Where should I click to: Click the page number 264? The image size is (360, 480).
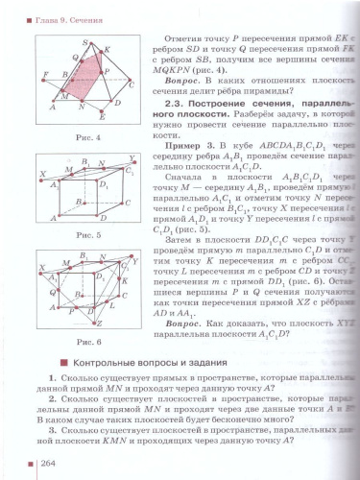click(x=49, y=464)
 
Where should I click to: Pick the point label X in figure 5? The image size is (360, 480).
click(x=41, y=175)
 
